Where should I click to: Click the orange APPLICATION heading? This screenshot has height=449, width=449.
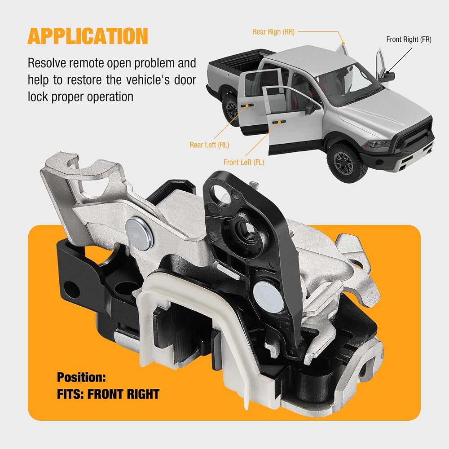88,36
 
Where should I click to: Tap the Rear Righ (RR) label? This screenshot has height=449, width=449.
273,32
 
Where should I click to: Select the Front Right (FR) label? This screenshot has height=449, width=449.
409,40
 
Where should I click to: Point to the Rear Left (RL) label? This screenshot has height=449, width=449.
209,145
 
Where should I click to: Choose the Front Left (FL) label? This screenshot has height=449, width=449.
244,163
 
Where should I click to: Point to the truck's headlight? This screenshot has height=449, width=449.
378,144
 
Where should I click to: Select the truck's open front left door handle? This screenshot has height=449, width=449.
279,122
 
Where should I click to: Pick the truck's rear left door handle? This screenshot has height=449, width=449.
247,106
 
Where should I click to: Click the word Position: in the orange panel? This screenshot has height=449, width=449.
81,378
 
